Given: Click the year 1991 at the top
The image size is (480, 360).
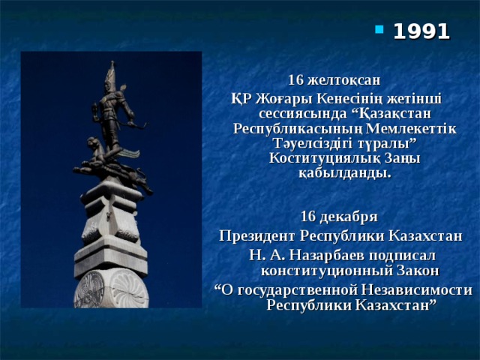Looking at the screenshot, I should (421, 31).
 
